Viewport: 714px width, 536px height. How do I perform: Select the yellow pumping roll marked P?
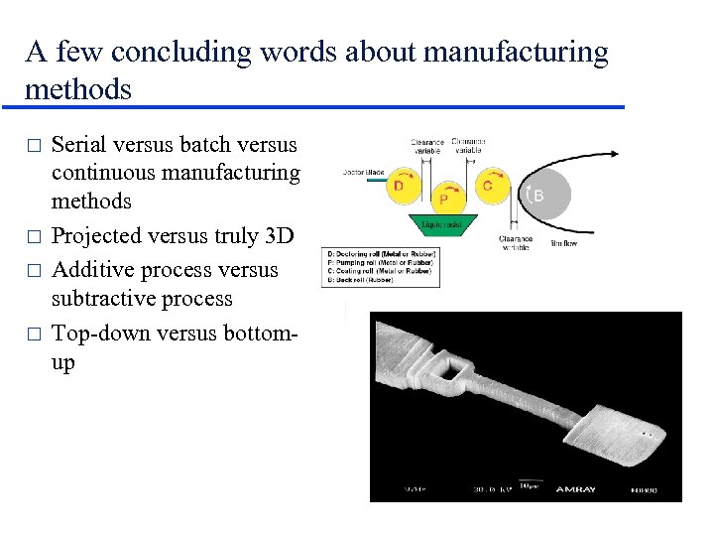[x=443, y=200]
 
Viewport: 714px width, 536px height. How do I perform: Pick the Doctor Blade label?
[x=361, y=173]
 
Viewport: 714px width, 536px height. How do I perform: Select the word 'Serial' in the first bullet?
[x=77, y=145]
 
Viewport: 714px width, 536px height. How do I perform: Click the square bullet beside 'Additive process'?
[x=34, y=271]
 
